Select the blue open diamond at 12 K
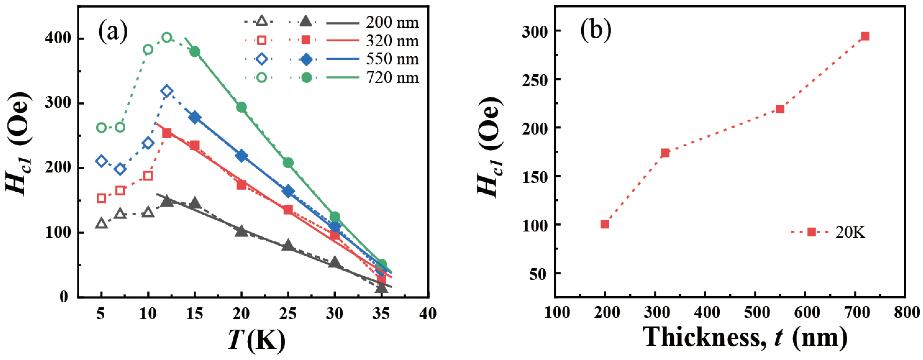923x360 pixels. [x=167, y=91]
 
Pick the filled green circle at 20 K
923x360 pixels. [x=241, y=107]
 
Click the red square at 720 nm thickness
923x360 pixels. [x=865, y=36]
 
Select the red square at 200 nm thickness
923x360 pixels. [x=605, y=224]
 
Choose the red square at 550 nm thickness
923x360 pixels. [x=780, y=109]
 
